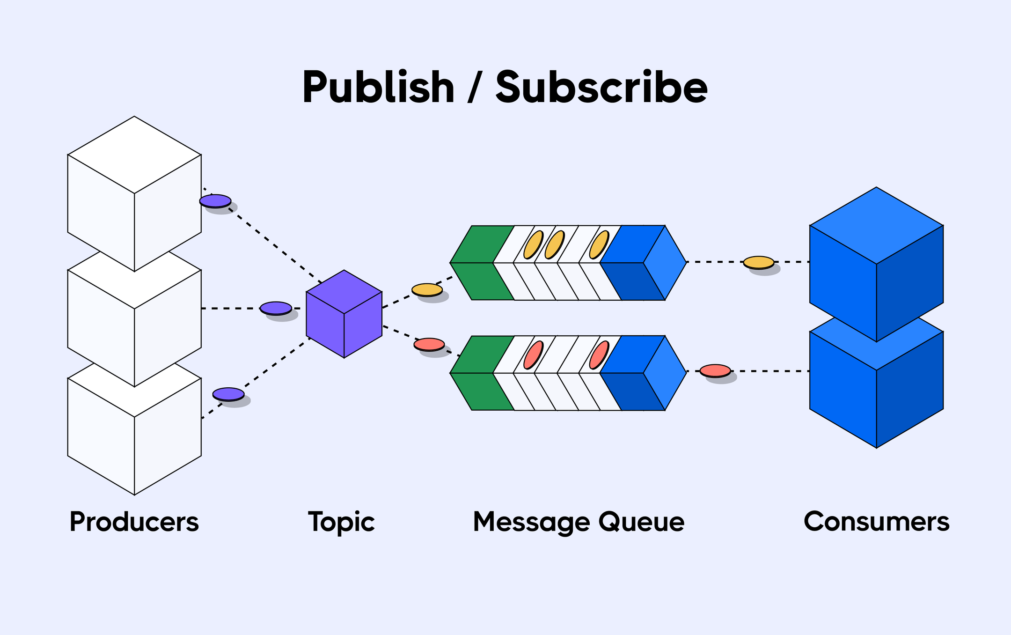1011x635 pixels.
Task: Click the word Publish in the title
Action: coord(378,88)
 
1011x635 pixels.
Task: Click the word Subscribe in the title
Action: coord(601,88)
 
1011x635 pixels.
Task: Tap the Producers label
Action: coord(134,522)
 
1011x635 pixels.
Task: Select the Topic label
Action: coord(341,522)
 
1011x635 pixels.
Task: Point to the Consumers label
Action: coord(876,522)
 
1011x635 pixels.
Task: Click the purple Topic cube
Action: coord(344,314)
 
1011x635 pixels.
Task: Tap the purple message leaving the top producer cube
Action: coord(215,201)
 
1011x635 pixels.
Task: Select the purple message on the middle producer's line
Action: coord(276,308)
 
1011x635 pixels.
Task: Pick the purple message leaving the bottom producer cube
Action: coord(228,394)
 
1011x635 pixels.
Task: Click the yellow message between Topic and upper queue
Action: coord(427,289)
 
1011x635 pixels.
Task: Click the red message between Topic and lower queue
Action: coord(429,344)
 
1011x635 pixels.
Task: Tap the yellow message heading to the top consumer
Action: coord(758,262)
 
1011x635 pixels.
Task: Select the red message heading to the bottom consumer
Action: coord(715,370)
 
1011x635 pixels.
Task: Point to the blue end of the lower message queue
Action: coord(644,373)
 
